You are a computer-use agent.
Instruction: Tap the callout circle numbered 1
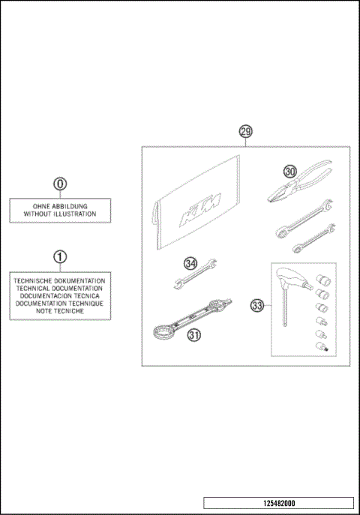[60, 256]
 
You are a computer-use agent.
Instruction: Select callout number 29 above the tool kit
[245, 132]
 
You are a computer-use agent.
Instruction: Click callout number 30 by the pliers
[290, 172]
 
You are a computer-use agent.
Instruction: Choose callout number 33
[257, 306]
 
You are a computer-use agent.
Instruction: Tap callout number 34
[190, 263]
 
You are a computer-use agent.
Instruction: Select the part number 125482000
[278, 503]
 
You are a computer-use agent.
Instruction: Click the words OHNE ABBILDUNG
[60, 205]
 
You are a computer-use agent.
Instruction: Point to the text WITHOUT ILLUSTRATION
[60, 214]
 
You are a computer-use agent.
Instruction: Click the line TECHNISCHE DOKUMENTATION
[60, 280]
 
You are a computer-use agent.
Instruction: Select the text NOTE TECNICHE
[60, 310]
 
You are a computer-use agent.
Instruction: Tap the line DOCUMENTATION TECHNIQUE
[60, 303]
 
